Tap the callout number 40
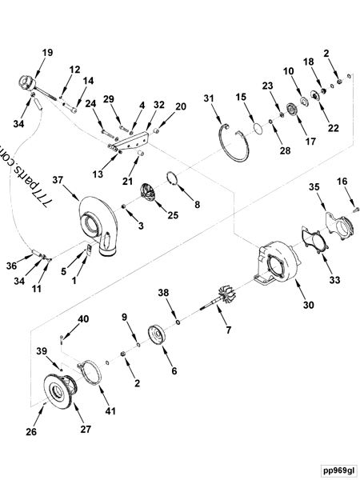(82, 319)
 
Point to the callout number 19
(47, 53)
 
